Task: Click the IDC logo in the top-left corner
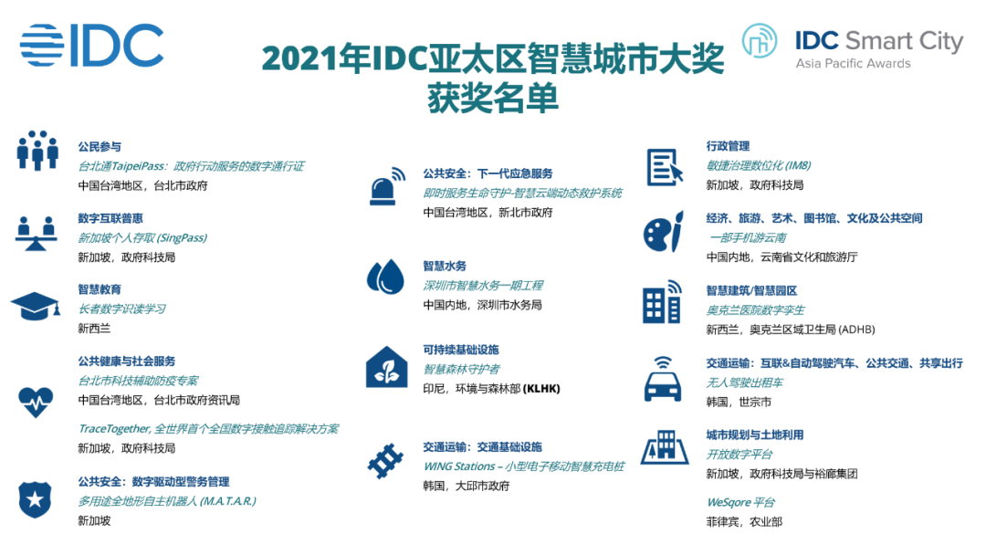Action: coord(92,46)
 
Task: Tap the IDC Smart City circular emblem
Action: coord(759,41)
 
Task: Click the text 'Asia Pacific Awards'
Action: coord(853,64)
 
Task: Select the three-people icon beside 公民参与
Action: coord(37,151)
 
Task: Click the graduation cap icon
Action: coord(36,306)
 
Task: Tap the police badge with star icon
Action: coord(36,499)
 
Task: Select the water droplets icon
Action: coord(385,277)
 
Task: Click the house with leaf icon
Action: coord(387,366)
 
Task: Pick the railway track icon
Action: coord(385,461)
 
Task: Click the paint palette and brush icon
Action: coord(664,232)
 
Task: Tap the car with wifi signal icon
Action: coord(663,379)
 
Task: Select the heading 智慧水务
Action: coord(445,267)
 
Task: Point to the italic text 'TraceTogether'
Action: coord(114,429)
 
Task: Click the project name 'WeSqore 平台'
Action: coord(740,502)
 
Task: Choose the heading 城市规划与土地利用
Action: coord(755,435)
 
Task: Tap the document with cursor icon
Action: coord(665,167)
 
